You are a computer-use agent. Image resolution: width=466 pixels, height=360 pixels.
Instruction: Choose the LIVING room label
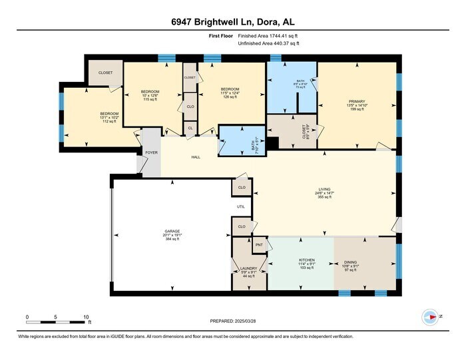[x=324, y=190]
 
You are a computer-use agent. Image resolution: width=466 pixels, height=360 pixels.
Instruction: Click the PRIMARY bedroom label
[x=357, y=101]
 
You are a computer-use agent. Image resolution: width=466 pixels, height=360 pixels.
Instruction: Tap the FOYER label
[x=151, y=152]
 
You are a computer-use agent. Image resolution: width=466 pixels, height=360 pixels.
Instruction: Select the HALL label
[x=196, y=158]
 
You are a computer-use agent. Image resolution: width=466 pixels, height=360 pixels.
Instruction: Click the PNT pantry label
[x=259, y=246]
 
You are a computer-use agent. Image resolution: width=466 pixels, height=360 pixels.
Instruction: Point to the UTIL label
[x=241, y=207]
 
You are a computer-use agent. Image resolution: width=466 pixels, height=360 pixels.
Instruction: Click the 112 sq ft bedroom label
[x=109, y=114]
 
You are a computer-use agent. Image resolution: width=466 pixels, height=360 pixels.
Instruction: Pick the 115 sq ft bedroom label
[x=150, y=91]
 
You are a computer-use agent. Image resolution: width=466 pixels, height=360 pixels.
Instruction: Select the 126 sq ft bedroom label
[x=230, y=89]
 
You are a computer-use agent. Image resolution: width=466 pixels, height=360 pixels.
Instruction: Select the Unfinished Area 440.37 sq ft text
[x=269, y=43]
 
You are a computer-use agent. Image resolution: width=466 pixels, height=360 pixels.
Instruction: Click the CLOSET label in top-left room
[x=105, y=73]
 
